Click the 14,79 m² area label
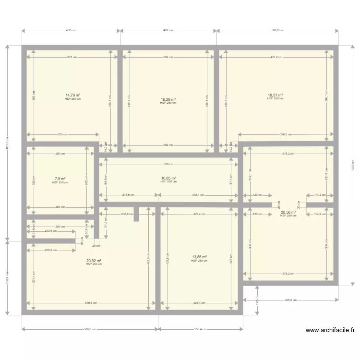click(73, 96)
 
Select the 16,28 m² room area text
click(168, 100)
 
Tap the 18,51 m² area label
click(275, 96)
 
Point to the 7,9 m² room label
click(60, 179)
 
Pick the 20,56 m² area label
click(288, 212)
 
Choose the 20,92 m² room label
click(94, 261)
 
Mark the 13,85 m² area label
click(199, 257)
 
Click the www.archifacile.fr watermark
click(330, 330)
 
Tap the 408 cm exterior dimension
click(71, 30)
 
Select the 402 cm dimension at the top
click(168, 30)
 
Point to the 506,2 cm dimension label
click(277, 30)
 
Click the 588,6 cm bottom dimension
click(90, 329)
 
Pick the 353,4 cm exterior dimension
click(200, 329)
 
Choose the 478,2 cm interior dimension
click(276, 57)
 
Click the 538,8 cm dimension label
click(91, 303)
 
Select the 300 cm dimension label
click(62, 134)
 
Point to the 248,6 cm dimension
click(128, 195)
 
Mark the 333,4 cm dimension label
click(198, 195)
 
